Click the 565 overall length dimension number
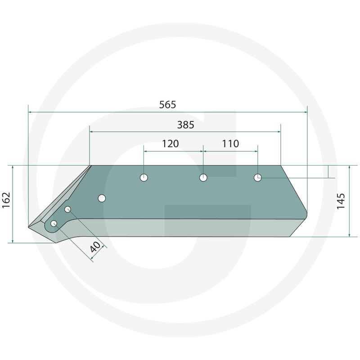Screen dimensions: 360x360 tap(167, 105)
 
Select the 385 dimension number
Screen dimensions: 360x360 tap(186, 125)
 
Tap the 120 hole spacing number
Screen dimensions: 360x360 tap(171, 144)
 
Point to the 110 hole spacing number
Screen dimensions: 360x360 tap(230, 144)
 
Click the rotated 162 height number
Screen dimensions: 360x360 tap(6, 200)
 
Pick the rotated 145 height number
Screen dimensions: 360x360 tap(341, 201)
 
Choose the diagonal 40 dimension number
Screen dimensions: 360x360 tap(95, 247)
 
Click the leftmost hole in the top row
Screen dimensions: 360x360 tap(144, 177)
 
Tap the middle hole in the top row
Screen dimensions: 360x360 tap(203, 177)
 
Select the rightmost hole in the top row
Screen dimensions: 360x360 tap(257, 177)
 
